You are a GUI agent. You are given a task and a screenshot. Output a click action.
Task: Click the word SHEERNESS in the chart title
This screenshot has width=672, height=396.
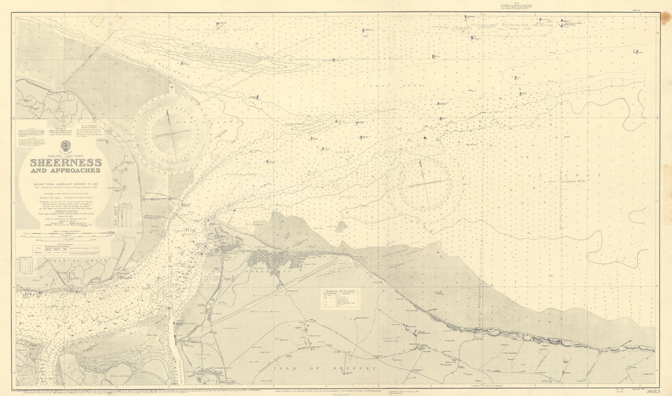pyautogui.click(x=65, y=163)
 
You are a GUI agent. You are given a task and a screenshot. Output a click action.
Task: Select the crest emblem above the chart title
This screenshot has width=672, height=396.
pyautogui.click(x=65, y=146)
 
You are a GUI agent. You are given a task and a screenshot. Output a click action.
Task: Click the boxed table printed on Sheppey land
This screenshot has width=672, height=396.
pyautogui.click(x=339, y=299)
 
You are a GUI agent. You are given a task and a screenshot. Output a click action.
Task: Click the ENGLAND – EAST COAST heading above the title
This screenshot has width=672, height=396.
pyautogui.click(x=65, y=155)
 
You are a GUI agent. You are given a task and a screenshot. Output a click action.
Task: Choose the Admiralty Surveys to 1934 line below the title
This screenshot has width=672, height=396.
pyautogui.click(x=65, y=184)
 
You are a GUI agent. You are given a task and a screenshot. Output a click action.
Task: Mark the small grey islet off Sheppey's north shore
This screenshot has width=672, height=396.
pyautogui.click(x=341, y=227)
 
